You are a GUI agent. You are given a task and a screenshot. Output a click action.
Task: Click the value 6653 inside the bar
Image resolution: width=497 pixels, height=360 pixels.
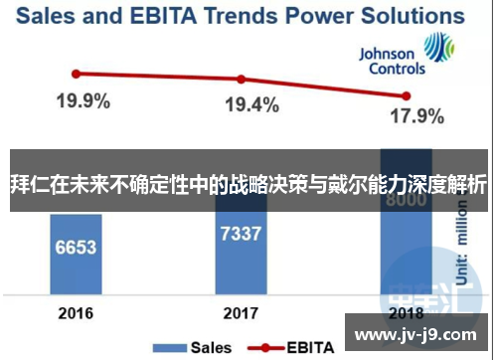coord(75,246)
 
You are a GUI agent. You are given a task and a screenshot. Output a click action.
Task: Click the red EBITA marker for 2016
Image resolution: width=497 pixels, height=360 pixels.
coord(75,73)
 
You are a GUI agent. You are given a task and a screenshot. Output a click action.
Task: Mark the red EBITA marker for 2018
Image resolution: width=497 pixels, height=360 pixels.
coord(405,95)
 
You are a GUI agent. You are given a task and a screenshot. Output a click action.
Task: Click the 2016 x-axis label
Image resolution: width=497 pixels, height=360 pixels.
coord(75,313)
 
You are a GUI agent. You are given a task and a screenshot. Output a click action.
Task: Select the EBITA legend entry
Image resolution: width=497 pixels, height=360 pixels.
coord(295,348)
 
